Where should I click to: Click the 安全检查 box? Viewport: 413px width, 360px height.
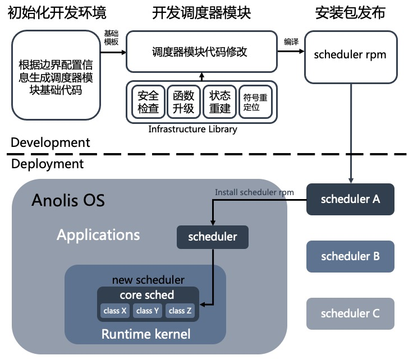click(148, 101)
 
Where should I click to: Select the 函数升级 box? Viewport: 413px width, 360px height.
click(183, 101)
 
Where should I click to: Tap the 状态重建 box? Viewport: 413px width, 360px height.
click(220, 101)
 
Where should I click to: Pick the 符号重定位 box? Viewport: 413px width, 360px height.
click(255, 101)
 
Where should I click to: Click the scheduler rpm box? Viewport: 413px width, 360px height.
click(350, 55)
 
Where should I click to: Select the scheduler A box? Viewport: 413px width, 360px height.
click(350, 199)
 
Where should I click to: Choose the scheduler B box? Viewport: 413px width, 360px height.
click(350, 256)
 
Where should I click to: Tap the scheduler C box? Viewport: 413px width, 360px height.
click(350, 313)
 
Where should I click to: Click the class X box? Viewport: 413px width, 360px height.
click(116, 310)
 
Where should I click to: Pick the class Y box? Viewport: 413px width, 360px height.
click(148, 310)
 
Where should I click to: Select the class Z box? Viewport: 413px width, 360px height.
click(180, 310)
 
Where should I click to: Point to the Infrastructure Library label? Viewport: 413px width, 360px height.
click(192, 130)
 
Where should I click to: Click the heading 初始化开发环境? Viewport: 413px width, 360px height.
click(57, 13)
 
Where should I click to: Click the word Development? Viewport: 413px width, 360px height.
click(50, 142)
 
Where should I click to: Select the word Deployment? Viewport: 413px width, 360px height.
click(47, 164)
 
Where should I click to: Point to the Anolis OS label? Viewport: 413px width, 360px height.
click(68, 200)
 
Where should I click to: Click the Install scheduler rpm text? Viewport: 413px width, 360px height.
click(254, 192)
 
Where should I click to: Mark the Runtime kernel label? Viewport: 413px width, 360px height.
click(146, 334)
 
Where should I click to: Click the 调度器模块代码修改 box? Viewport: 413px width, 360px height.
click(200, 52)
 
